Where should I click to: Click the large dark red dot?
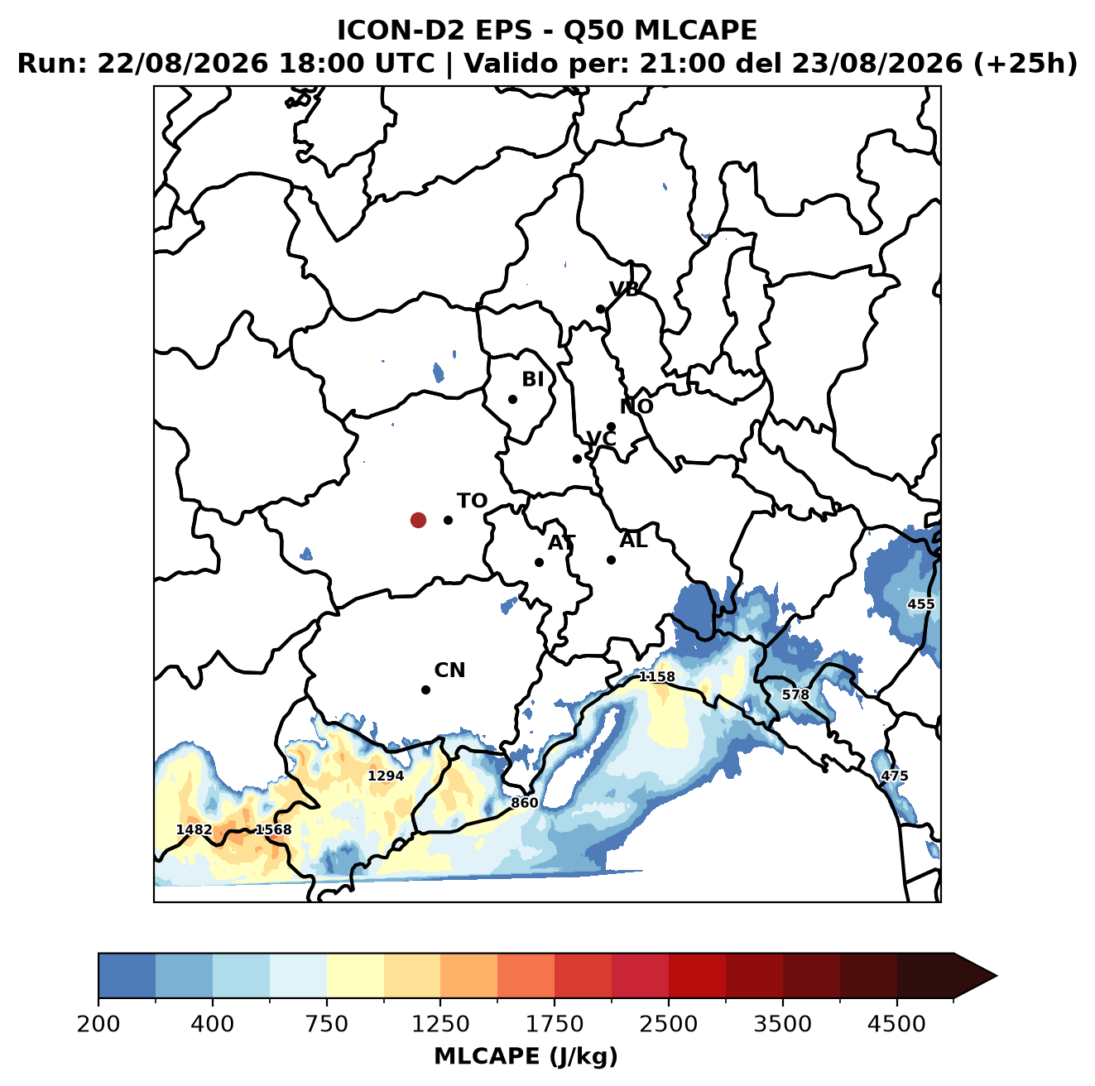(x=418, y=520)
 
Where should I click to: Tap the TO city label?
(x=472, y=501)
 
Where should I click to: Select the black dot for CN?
(x=425, y=690)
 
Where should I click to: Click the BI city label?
(x=532, y=379)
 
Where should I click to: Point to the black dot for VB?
(x=600, y=309)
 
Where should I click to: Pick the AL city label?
(x=633, y=540)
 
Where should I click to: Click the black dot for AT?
(x=539, y=562)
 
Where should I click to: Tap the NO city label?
(x=636, y=406)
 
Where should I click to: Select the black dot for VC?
(x=577, y=459)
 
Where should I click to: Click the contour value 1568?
(x=273, y=829)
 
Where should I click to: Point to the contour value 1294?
(x=385, y=776)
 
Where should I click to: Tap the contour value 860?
(x=524, y=802)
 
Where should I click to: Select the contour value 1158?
(x=656, y=677)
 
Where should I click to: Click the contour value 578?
(x=795, y=694)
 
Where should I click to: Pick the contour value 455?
(x=920, y=604)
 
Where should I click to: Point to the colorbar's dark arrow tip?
(x=996, y=977)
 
